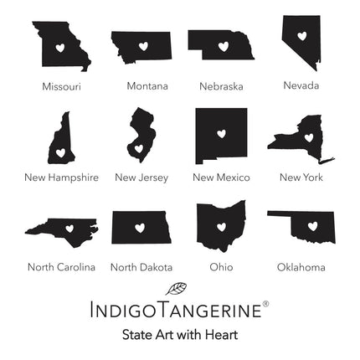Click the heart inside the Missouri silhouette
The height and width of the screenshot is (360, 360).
(x=60, y=48)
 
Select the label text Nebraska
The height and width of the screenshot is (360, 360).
(x=221, y=86)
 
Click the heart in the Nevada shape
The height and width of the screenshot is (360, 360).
(x=301, y=36)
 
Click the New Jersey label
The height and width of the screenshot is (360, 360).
(x=141, y=177)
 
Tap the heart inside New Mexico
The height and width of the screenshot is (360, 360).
(x=222, y=133)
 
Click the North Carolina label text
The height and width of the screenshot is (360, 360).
(x=61, y=267)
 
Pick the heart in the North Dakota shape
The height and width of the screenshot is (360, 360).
(x=141, y=227)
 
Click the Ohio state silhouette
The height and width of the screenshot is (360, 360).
(x=221, y=222)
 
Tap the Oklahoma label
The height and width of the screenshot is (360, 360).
(x=301, y=267)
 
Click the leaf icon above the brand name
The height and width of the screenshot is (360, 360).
(x=177, y=289)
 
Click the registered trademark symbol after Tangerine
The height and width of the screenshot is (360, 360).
(x=265, y=304)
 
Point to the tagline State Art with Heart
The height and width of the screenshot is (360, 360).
(x=180, y=334)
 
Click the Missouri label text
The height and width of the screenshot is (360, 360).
(x=61, y=85)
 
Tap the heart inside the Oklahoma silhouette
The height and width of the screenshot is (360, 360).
(x=311, y=225)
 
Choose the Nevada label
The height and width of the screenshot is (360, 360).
(x=301, y=85)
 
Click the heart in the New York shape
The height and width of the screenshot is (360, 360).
(x=308, y=137)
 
